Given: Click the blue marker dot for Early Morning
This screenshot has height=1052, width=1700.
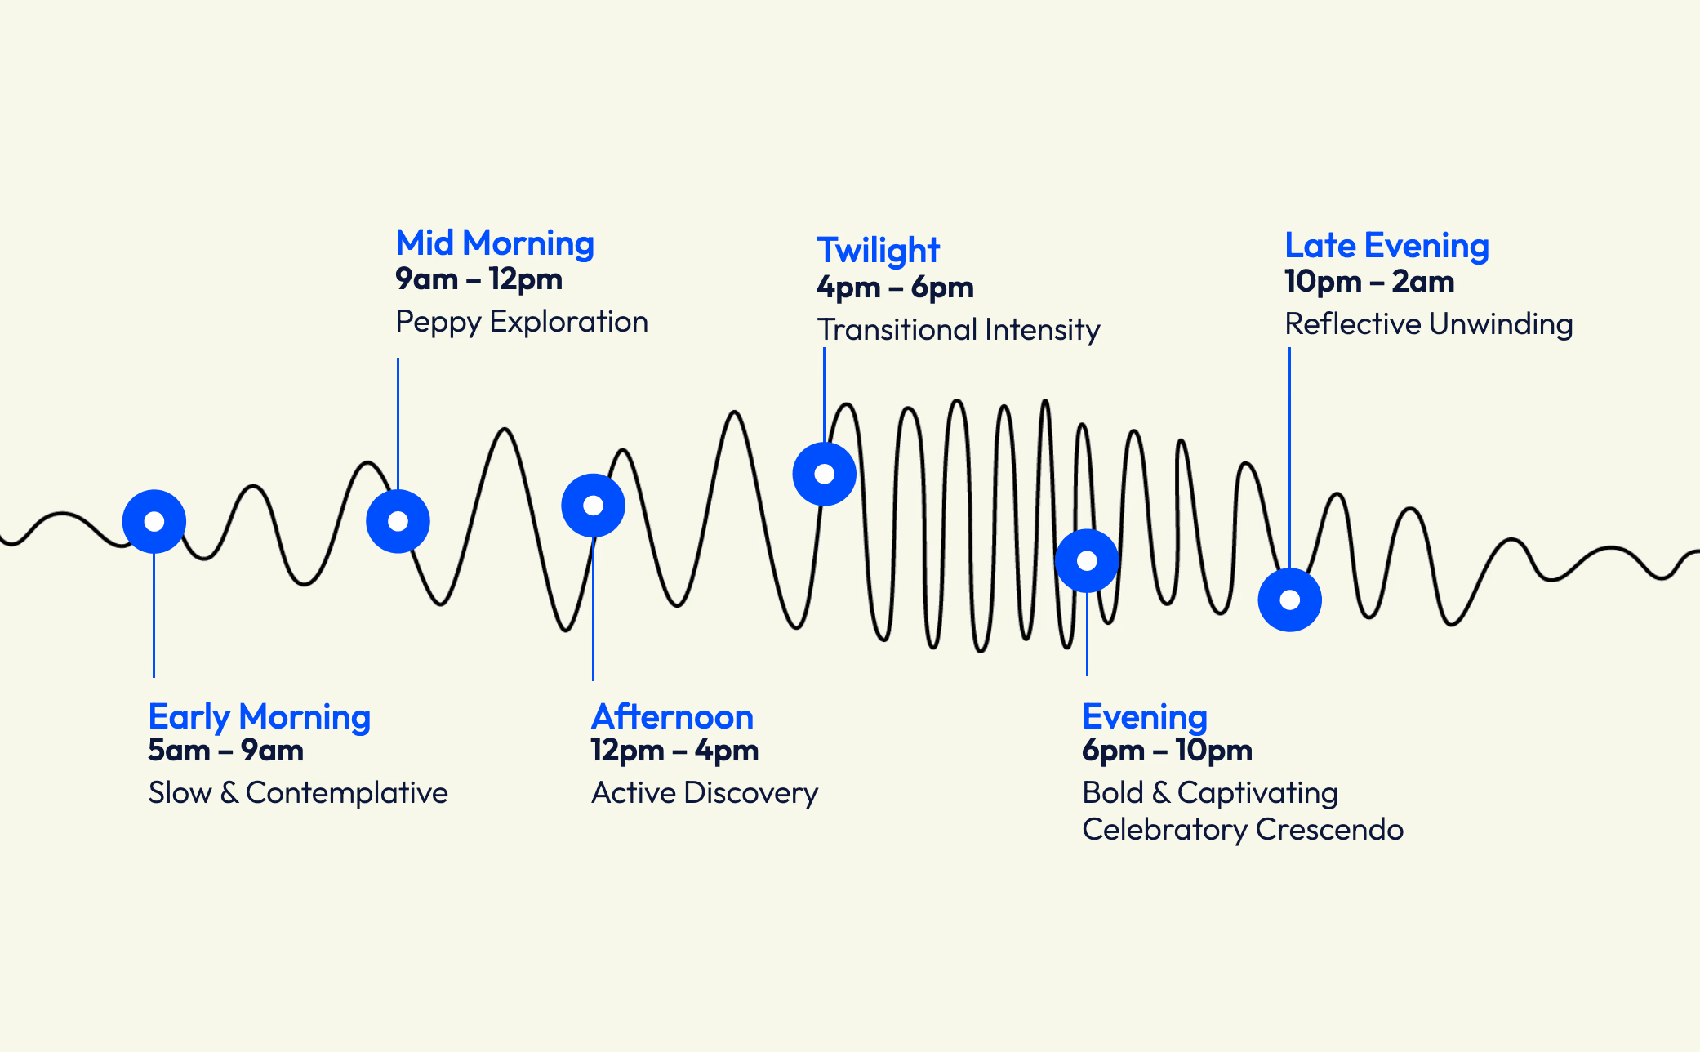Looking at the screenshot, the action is pos(154,521).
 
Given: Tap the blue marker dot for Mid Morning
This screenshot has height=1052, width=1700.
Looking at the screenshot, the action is pos(398,521).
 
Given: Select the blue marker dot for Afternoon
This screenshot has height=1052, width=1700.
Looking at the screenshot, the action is pos(594,506).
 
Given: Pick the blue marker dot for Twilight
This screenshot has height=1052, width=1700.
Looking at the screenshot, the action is pos(825,474).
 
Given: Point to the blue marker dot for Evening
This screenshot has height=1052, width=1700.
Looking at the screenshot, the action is pos(1087,561).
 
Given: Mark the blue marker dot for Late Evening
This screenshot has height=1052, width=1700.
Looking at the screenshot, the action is pos(1290,600).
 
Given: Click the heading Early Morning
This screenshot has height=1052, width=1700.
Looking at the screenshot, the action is pos(259,717).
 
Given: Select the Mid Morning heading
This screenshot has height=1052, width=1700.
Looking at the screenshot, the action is pos(495,243).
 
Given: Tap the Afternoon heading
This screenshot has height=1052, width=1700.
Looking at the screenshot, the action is pos(672,717).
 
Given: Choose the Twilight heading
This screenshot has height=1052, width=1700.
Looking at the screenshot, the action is pos(879,251).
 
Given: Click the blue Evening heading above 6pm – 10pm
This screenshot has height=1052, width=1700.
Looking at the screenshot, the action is pos(1145,717).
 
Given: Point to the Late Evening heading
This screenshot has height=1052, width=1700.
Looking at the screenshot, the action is pos(1386,246).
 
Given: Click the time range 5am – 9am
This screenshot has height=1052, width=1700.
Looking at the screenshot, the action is pos(226,751).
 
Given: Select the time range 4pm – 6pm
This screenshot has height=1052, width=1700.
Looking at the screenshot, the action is pos(896,288).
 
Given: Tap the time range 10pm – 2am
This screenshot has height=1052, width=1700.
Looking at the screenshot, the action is pos(1369,282).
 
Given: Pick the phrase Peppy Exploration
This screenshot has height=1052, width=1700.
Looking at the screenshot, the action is pos(522,322).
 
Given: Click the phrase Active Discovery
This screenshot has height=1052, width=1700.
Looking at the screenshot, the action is pos(705,793).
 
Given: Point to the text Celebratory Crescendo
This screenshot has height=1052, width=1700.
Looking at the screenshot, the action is pos(1242,830).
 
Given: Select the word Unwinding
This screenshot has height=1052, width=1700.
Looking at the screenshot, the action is pos(1501,324).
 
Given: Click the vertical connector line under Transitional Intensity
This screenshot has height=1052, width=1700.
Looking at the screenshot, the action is pos(824,392).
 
